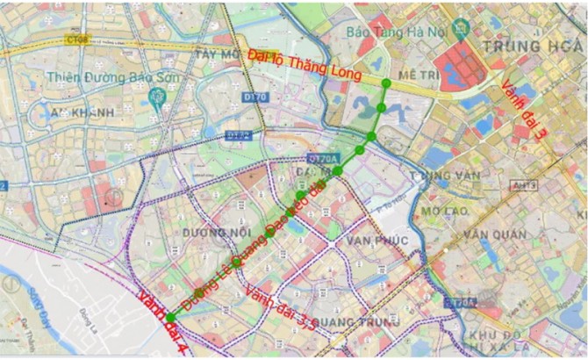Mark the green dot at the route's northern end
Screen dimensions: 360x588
click(x=387, y=83)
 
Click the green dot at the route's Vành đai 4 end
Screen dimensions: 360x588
click(x=170, y=318)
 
